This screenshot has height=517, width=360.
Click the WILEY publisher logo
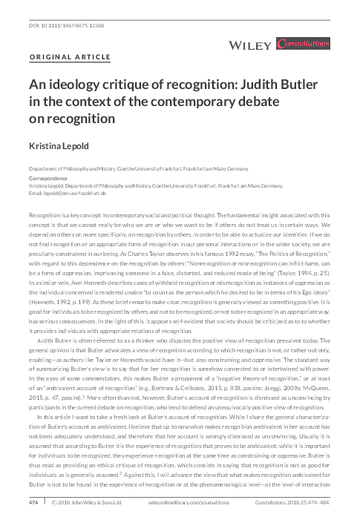pyautogui.click(x=248, y=47)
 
